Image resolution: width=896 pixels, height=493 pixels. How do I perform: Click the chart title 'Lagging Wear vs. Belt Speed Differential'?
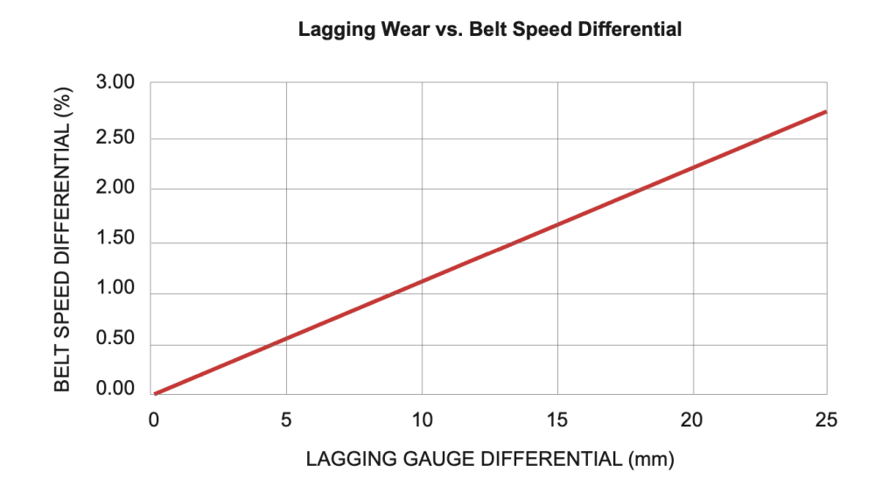pos(489,29)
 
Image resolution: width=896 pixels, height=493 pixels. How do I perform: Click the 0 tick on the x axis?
pos(153,421)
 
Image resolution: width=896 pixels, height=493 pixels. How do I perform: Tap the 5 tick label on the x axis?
pos(286,421)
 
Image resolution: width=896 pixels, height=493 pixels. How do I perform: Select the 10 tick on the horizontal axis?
pos(423,421)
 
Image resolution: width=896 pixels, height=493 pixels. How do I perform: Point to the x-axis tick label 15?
pos(557,421)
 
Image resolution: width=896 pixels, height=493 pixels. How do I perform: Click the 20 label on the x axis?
pos(693,421)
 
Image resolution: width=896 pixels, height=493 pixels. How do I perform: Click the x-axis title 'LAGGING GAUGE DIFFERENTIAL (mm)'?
pos(490,459)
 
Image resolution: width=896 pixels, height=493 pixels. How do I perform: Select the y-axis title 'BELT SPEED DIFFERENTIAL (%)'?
pos(63,239)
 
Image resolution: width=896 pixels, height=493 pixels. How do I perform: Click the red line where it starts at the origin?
pos(155,393)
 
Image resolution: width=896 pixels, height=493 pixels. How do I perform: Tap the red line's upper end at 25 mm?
pos(825,112)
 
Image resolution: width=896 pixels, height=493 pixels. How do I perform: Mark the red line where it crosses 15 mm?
pos(557,224)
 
